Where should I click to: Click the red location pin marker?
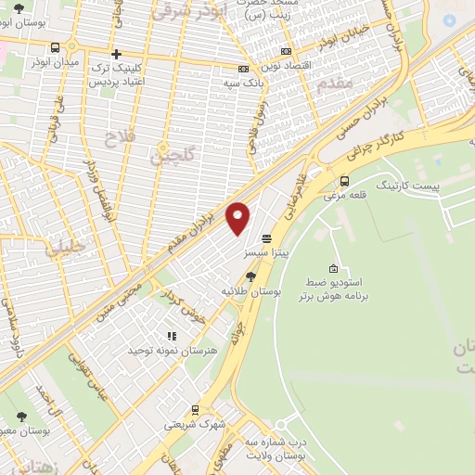pos(238,217)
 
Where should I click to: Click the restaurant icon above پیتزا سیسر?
pos(266,236)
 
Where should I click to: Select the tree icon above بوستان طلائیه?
pos(250,276)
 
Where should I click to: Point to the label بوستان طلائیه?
pos(239,291)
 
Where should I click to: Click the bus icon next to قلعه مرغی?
pos(345,181)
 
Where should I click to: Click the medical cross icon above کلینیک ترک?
pos(116,54)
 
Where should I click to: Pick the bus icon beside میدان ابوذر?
pos(56,47)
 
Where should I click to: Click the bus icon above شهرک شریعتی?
pos(195,409)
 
